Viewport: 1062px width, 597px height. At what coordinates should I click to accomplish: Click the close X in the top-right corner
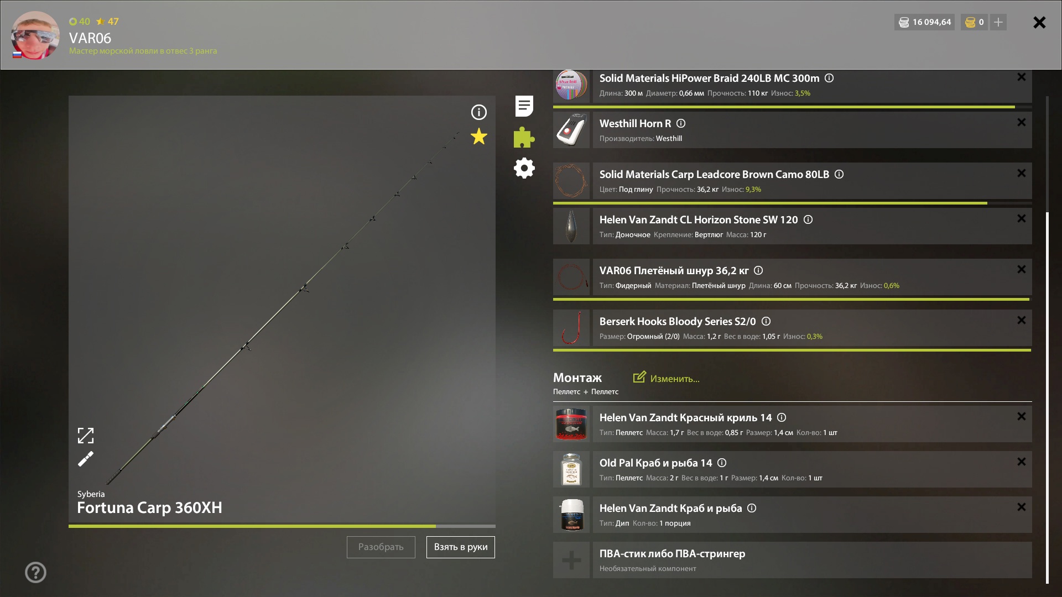pyautogui.click(x=1039, y=22)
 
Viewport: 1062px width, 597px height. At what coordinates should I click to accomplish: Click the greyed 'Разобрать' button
pyautogui.click(x=381, y=547)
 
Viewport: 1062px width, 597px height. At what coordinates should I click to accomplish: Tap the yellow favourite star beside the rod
pyautogui.click(x=479, y=137)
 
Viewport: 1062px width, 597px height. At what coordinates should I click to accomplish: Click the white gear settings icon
pyautogui.click(x=524, y=168)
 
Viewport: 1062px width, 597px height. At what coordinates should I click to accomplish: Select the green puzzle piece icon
pyautogui.click(x=524, y=137)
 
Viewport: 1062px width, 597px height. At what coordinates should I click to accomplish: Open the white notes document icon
pyautogui.click(x=524, y=106)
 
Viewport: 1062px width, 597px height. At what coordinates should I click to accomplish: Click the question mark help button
pyautogui.click(x=35, y=573)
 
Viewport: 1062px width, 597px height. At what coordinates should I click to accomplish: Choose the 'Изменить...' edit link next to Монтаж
pyautogui.click(x=667, y=379)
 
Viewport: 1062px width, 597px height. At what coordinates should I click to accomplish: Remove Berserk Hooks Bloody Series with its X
pyautogui.click(x=1022, y=321)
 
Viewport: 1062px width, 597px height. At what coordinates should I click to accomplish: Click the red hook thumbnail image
pyautogui.click(x=571, y=328)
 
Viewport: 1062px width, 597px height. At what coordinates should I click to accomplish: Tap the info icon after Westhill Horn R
pyautogui.click(x=681, y=123)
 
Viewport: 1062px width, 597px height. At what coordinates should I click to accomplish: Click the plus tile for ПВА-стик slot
pyautogui.click(x=571, y=560)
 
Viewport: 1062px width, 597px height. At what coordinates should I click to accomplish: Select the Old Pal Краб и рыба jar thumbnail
pyautogui.click(x=571, y=469)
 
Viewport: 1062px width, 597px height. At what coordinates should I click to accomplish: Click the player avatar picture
pyautogui.click(x=35, y=35)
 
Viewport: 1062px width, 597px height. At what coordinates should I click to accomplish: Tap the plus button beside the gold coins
pyautogui.click(x=998, y=22)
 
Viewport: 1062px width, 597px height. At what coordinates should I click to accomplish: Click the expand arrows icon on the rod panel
pyautogui.click(x=86, y=436)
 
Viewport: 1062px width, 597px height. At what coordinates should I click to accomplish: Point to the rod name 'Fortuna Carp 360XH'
pyautogui.click(x=149, y=507)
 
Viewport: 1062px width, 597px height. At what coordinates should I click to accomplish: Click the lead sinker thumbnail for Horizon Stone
pyautogui.click(x=571, y=226)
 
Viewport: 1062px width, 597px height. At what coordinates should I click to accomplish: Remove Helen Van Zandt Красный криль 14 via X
pyautogui.click(x=1022, y=417)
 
